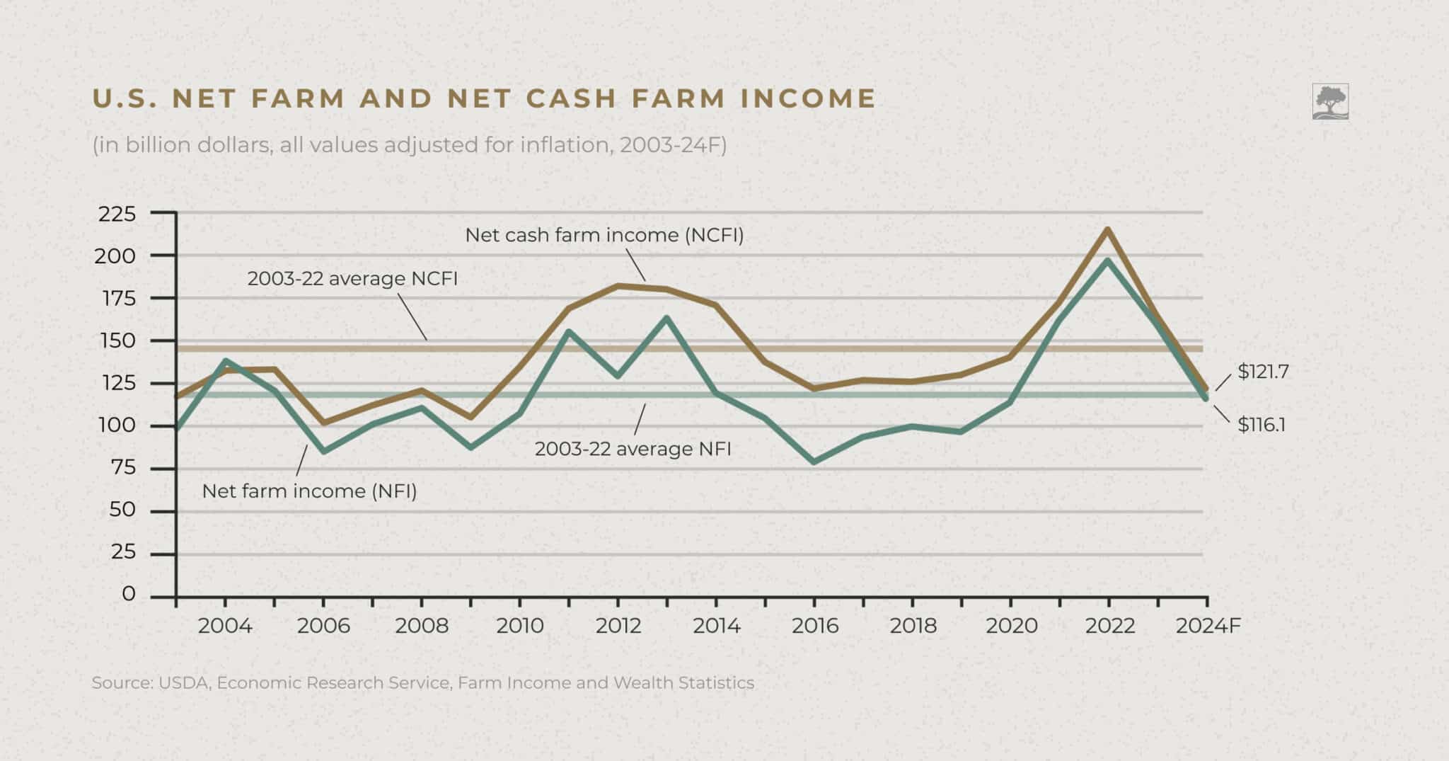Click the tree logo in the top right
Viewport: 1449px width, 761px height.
pyautogui.click(x=1330, y=101)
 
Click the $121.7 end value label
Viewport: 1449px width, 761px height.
pyautogui.click(x=1263, y=372)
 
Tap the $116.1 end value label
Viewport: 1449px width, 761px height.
pyautogui.click(x=1262, y=425)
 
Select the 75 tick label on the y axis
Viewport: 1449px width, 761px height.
pyautogui.click(x=122, y=467)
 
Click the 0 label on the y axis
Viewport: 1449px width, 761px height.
pyautogui.click(x=128, y=594)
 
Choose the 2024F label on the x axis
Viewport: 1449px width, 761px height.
pyautogui.click(x=1208, y=626)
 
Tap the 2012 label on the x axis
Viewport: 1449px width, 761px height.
pyautogui.click(x=618, y=626)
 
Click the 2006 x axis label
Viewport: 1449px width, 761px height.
pyautogui.click(x=323, y=626)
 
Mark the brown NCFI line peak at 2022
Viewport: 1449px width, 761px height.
pyautogui.click(x=1107, y=229)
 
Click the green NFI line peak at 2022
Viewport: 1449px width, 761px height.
pyautogui.click(x=1107, y=261)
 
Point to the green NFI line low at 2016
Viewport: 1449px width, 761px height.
pyautogui.click(x=814, y=462)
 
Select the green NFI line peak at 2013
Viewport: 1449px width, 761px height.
pyautogui.click(x=666, y=318)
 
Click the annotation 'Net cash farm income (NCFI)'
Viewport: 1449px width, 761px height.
pyautogui.click(x=604, y=235)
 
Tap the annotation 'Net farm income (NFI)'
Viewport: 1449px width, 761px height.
pyautogui.click(x=309, y=491)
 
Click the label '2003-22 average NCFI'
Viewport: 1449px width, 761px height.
pyautogui.click(x=352, y=278)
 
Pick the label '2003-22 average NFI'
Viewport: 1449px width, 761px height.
pyautogui.click(x=633, y=449)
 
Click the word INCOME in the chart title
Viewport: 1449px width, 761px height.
pyautogui.click(x=808, y=98)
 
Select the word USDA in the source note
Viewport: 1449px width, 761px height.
pyautogui.click(x=184, y=683)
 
